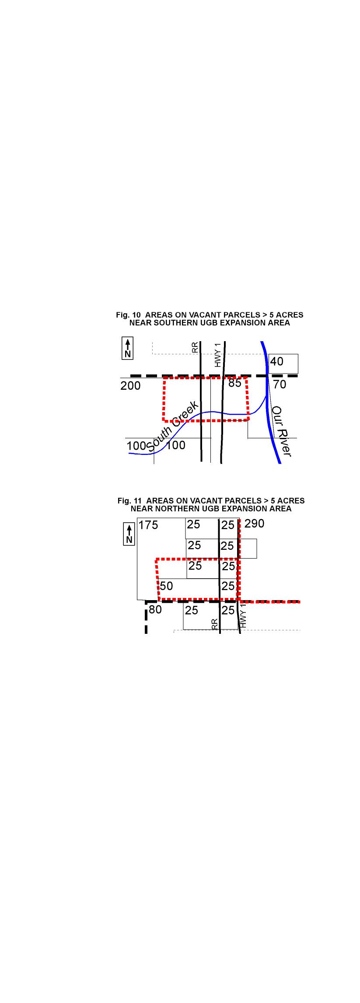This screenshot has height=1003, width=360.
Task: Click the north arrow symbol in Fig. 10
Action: [128, 348]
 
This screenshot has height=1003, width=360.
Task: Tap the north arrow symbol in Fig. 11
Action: [129, 534]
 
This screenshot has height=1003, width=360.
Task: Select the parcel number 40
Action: [277, 362]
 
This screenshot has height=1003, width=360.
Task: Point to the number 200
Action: [131, 386]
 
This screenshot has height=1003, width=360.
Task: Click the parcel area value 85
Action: [235, 383]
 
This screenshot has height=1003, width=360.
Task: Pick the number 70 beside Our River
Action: [280, 384]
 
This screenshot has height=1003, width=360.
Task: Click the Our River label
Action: [281, 431]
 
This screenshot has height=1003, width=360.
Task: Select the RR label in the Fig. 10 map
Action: [195, 347]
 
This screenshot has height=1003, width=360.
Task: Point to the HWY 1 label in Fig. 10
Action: [218, 355]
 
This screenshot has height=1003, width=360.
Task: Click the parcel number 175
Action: [148, 525]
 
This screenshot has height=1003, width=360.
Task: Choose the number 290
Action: [254, 524]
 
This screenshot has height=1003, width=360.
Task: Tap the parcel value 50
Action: [166, 586]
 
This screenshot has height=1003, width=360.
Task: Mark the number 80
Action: [155, 609]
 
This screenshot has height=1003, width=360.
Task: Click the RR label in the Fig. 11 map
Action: [215, 624]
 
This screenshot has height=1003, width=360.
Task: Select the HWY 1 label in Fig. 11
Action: [244, 616]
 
